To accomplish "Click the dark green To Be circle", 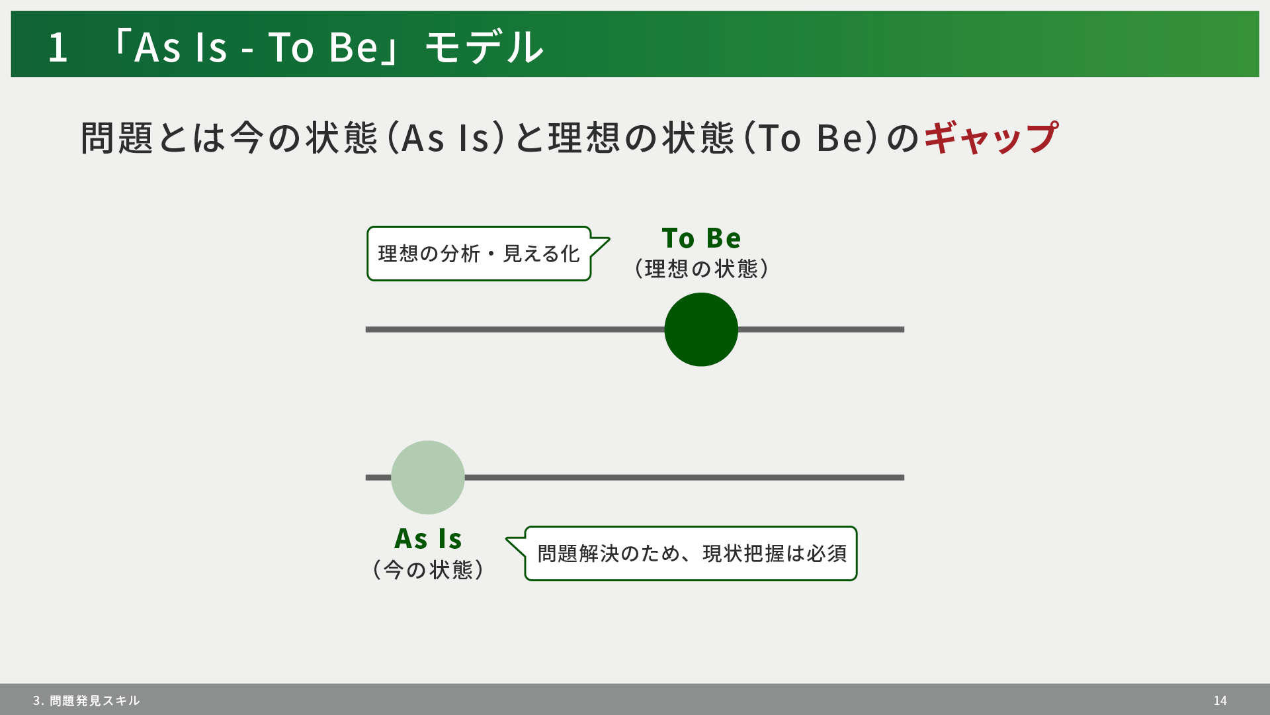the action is pyautogui.click(x=701, y=330).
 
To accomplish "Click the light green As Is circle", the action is pyautogui.click(x=428, y=477).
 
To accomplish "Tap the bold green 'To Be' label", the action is pyautogui.click(x=701, y=238).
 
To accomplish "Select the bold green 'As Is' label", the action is pyautogui.click(x=428, y=539).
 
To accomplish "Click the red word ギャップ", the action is pyautogui.click(x=991, y=138).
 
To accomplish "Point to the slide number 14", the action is pyautogui.click(x=1220, y=700).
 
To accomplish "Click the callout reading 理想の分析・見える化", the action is pyautogui.click(x=479, y=254).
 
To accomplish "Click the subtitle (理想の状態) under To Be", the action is pyautogui.click(x=701, y=269).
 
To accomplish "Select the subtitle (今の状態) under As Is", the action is pyautogui.click(x=428, y=570).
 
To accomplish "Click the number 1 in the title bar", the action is pyautogui.click(x=58, y=47).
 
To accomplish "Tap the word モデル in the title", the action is pyautogui.click(x=484, y=47).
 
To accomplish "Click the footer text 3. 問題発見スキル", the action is pyautogui.click(x=86, y=700).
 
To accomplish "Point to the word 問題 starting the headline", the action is pyautogui.click(x=117, y=138).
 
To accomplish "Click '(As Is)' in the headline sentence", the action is pyautogui.click(x=445, y=138).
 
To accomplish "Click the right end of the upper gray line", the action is pyautogui.click(x=904, y=330).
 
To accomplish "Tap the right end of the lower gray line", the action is pyautogui.click(x=904, y=477).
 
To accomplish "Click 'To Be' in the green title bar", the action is pyautogui.click(x=323, y=47).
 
